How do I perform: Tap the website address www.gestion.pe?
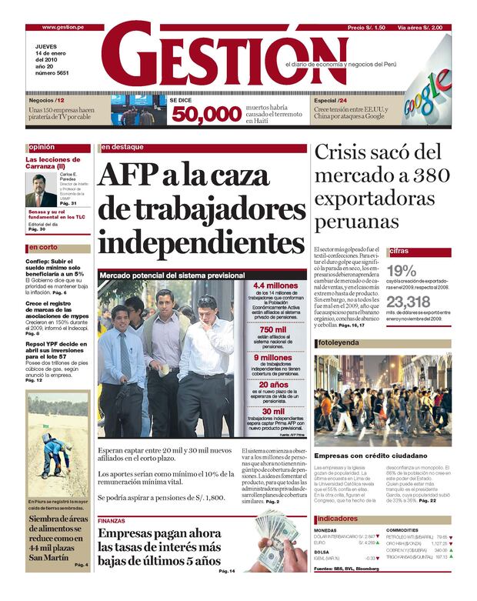[62, 27]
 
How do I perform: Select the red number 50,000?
[205, 115]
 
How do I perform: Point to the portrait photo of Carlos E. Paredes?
[39, 189]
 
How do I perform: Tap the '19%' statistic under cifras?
[402, 270]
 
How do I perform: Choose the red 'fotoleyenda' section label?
[339, 342]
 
